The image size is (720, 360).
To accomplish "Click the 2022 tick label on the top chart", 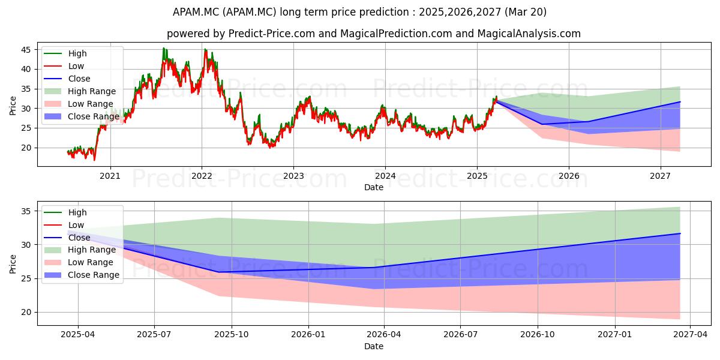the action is point(202,176).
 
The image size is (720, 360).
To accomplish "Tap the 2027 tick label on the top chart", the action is point(661,176).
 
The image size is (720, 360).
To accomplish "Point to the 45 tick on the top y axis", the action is point(26,50).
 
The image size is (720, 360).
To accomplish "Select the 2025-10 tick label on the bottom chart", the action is point(232,335).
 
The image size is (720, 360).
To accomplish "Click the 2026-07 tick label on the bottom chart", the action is point(460,335).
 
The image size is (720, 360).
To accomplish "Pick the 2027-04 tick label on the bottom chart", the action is point(691,335).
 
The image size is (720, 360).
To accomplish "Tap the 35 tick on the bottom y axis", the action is point(26,211).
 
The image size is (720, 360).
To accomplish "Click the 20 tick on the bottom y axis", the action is point(26,313).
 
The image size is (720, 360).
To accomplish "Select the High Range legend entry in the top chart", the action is point(80,91).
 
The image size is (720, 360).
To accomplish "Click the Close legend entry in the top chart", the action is point(67,79).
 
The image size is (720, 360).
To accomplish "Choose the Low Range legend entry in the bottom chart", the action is point(79,262).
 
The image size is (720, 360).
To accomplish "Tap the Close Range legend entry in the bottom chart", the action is point(82,275).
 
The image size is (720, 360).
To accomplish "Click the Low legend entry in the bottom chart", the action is point(64,225).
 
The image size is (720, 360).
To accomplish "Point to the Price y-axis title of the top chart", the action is point(13,106).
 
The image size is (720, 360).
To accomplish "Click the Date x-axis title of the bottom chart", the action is point(374,346).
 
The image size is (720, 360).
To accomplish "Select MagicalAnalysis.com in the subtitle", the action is point(529,34).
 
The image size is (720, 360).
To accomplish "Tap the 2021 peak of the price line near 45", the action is point(164,48).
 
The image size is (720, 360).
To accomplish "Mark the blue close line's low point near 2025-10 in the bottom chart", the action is point(219,272).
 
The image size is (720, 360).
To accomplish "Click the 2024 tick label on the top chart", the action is point(385,176).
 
